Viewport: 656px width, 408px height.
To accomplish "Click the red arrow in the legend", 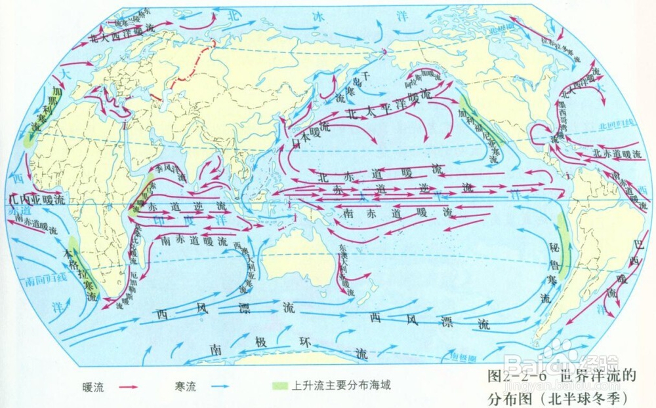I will tap(132, 386).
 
